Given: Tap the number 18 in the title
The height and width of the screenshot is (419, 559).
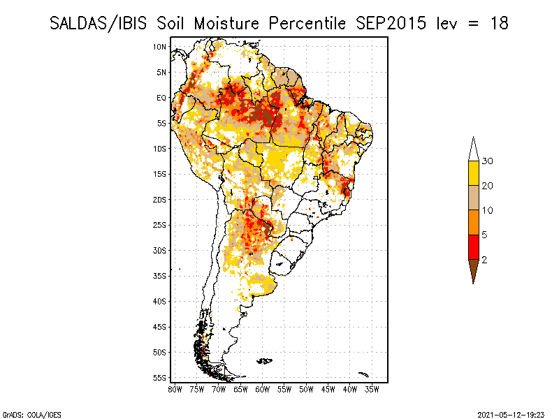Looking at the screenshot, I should [x=499, y=23].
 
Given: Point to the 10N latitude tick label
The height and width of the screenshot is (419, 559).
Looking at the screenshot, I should [x=159, y=47].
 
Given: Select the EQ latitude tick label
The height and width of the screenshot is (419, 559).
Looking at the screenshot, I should [x=161, y=98].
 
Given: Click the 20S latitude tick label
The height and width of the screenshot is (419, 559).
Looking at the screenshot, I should [x=159, y=200].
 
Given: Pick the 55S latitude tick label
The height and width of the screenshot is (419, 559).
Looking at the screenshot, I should [x=159, y=378].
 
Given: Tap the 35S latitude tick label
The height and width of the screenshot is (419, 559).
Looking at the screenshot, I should [x=159, y=276].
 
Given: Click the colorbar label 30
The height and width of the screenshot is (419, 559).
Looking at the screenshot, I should [x=488, y=161].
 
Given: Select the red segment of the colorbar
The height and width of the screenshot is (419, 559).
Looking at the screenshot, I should [x=473, y=247].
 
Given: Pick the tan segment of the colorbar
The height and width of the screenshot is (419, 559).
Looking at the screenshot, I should [x=473, y=198].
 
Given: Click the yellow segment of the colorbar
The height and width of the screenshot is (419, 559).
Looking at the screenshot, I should [x=473, y=173].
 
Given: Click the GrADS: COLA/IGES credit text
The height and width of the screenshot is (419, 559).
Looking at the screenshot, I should [x=23, y=413].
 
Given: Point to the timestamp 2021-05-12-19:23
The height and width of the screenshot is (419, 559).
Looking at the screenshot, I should [x=512, y=413].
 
